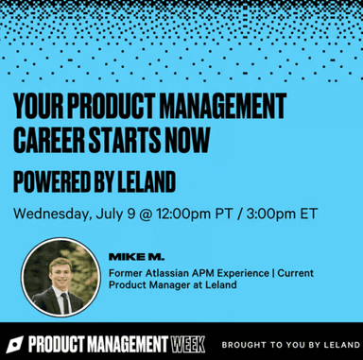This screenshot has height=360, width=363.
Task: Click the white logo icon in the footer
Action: pos(13,342)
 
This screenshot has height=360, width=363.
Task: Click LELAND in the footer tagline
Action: pos(338,342)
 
